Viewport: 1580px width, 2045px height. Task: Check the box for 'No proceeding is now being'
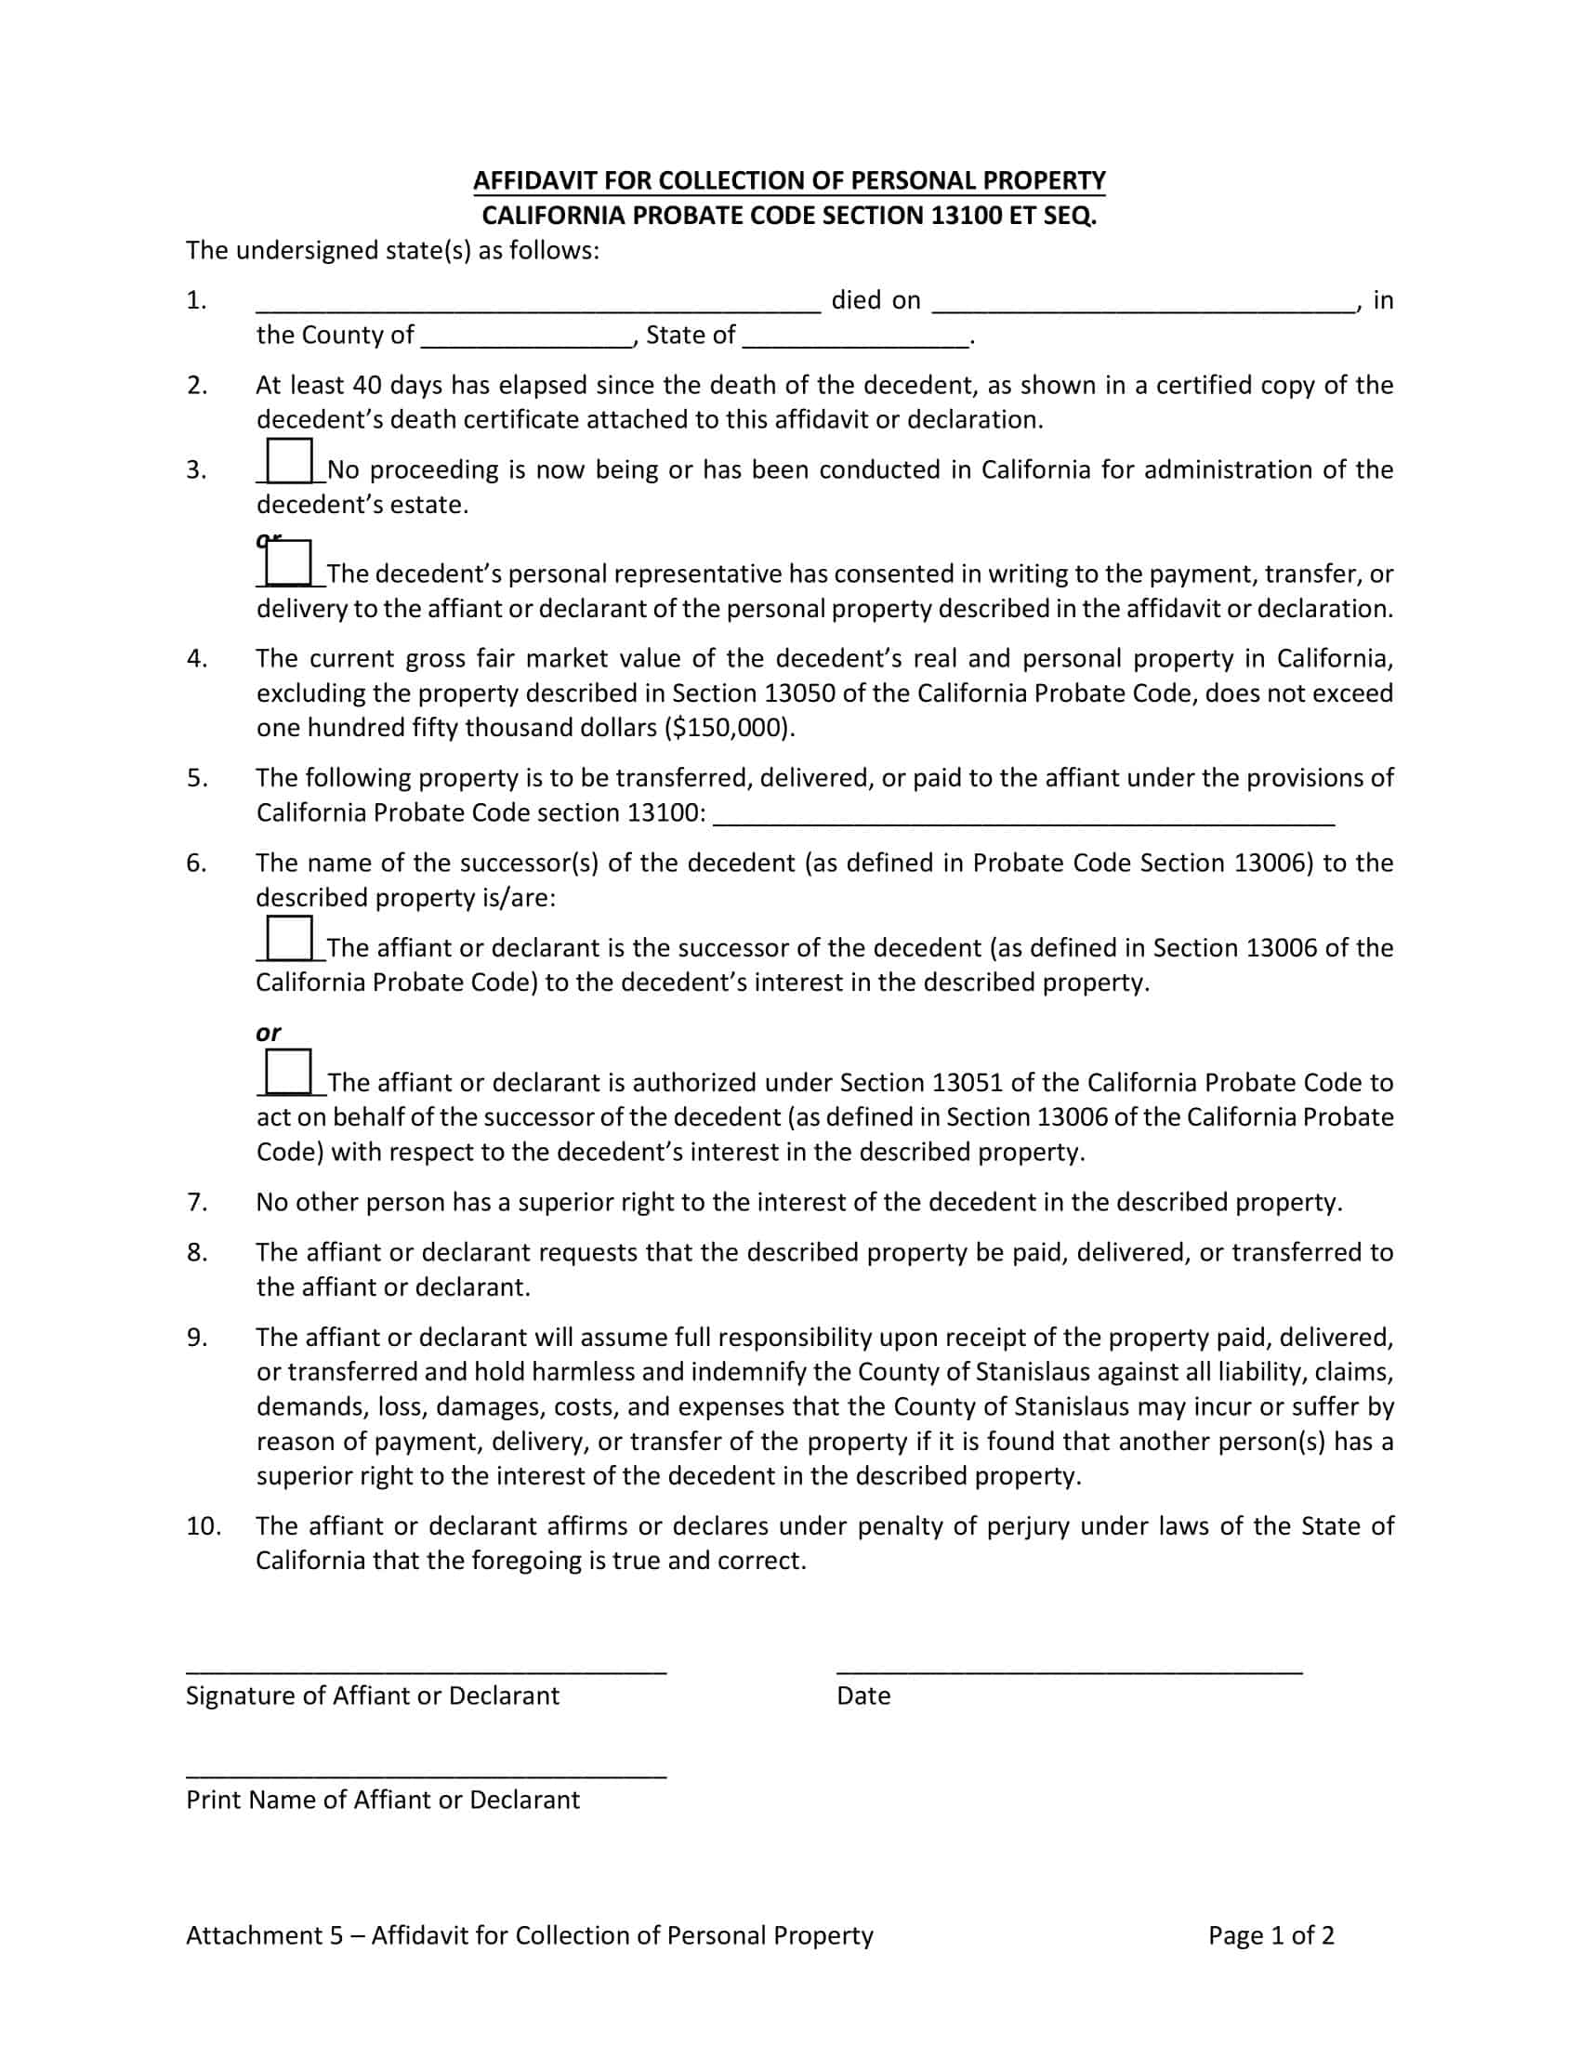(x=289, y=462)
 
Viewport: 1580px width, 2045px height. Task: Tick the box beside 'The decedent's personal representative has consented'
(x=288, y=563)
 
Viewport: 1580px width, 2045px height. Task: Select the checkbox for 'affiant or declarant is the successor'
(x=289, y=938)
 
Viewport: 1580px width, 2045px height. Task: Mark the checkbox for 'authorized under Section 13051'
(x=288, y=1072)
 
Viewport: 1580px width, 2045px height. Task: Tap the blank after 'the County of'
(x=527, y=338)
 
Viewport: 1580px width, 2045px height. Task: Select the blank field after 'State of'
(x=857, y=338)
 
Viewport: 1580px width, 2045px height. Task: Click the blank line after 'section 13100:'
(x=1024, y=815)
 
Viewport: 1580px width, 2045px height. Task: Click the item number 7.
(x=196, y=1202)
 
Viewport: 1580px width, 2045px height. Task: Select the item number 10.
(x=204, y=1526)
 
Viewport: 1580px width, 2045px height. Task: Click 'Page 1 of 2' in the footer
(x=1271, y=1935)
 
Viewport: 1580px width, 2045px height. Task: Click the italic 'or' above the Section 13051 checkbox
(x=268, y=1033)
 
